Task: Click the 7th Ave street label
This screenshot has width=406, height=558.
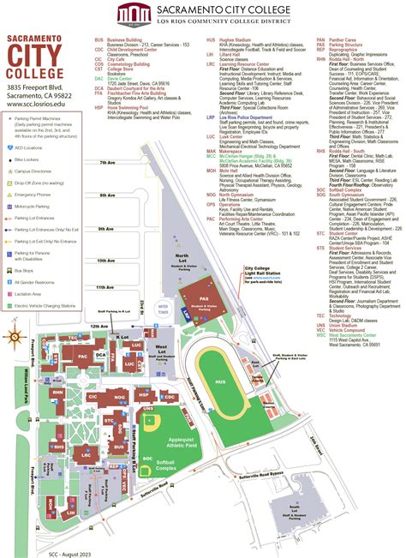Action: pyautogui.click(x=105, y=186)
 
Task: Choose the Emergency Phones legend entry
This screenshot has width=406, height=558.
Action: pyautogui.click(x=40, y=195)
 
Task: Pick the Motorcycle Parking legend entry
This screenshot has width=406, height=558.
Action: pyautogui.click(x=40, y=207)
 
